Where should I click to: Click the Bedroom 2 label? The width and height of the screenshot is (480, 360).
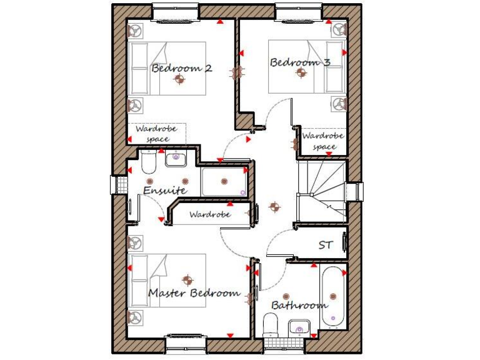click(x=181, y=68)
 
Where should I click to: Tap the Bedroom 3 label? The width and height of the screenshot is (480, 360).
click(x=300, y=62)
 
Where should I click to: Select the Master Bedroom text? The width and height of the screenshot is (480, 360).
click(x=194, y=292)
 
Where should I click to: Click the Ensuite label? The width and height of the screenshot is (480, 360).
click(x=164, y=189)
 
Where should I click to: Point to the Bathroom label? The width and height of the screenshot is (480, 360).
click(x=299, y=305)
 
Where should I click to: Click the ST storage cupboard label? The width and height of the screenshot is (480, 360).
click(x=326, y=245)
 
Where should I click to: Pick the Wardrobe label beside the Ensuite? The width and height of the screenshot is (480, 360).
click(x=210, y=214)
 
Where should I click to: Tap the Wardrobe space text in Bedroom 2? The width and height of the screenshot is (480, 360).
click(x=157, y=133)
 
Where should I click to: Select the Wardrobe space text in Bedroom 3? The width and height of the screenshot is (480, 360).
click(x=324, y=141)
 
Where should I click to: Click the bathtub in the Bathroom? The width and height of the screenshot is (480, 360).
click(x=332, y=296)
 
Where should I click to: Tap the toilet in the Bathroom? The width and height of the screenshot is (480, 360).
click(x=271, y=326)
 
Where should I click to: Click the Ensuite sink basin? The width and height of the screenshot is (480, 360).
click(x=176, y=158)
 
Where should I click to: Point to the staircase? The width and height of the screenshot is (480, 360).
click(x=321, y=190)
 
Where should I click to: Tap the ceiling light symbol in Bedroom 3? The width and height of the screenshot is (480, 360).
click(x=301, y=73)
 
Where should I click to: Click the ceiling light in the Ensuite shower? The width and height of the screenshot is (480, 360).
click(x=224, y=181)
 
